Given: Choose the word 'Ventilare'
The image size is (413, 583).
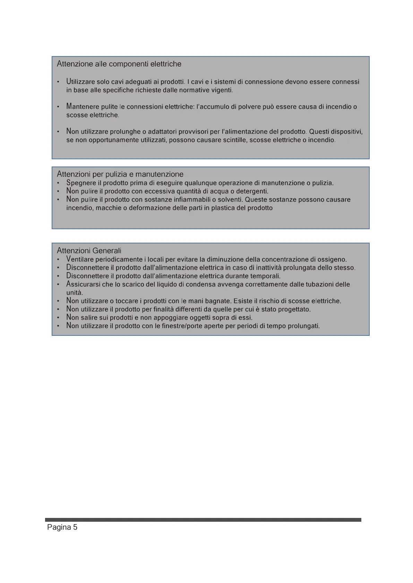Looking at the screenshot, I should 80,259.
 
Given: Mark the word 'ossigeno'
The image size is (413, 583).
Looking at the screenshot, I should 332,259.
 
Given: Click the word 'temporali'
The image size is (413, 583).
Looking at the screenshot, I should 265,276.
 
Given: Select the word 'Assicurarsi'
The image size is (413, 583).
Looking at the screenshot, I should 83,284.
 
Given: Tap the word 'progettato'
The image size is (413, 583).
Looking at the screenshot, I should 294,309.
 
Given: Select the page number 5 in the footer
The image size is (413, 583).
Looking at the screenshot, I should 75,527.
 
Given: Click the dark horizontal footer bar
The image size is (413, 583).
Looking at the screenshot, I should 203,520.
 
